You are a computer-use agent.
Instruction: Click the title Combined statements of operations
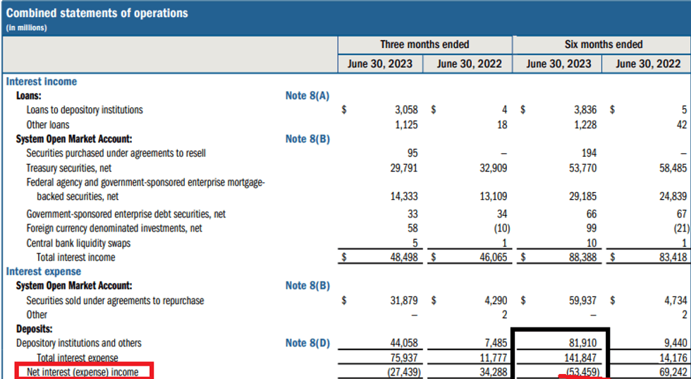(x=97, y=13)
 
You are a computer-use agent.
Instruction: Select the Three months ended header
(x=424, y=44)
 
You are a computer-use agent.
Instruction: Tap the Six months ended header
(x=604, y=44)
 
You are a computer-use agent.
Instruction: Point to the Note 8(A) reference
(x=307, y=95)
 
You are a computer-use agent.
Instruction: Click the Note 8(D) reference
(x=307, y=343)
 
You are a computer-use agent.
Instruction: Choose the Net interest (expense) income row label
(x=82, y=371)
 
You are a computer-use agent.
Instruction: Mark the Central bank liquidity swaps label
(x=78, y=243)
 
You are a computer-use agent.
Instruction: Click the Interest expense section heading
(x=44, y=272)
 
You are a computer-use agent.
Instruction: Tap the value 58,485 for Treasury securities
(x=670, y=169)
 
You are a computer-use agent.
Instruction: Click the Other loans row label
(x=48, y=125)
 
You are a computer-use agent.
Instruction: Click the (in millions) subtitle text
(x=27, y=28)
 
